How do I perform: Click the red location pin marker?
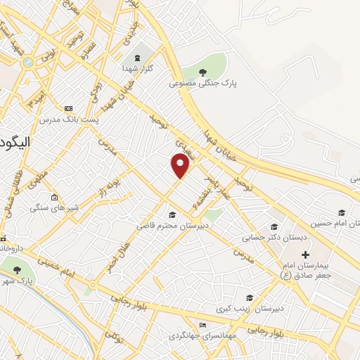click(x=181, y=165)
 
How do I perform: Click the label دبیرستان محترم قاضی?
click(x=172, y=226)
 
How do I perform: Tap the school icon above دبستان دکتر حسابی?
click(x=274, y=226)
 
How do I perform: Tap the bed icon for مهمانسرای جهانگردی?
click(x=203, y=326)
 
